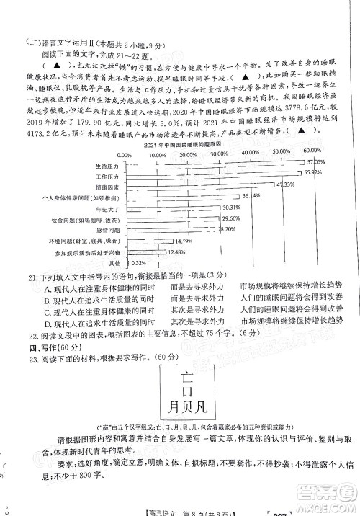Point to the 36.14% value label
tap(250, 196)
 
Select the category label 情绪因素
tap(106, 186)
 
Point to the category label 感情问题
tap(106, 230)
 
